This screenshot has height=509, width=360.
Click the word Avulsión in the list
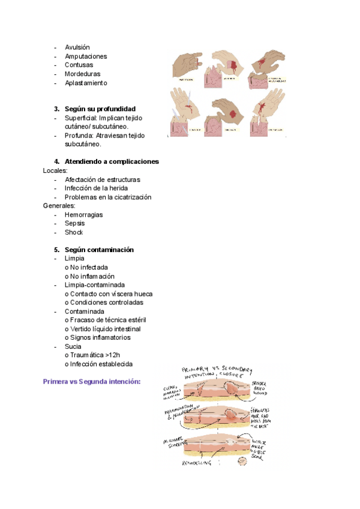point(77,47)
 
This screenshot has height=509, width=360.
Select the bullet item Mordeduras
point(82,74)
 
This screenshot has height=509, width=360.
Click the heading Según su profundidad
point(104,109)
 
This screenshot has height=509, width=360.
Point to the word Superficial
point(80,118)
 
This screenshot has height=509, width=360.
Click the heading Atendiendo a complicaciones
point(111,161)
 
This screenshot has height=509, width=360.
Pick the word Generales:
point(59,206)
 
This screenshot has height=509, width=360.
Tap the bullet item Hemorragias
point(83,214)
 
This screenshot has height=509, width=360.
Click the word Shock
point(74,232)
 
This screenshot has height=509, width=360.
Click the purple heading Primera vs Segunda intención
point(92,381)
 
